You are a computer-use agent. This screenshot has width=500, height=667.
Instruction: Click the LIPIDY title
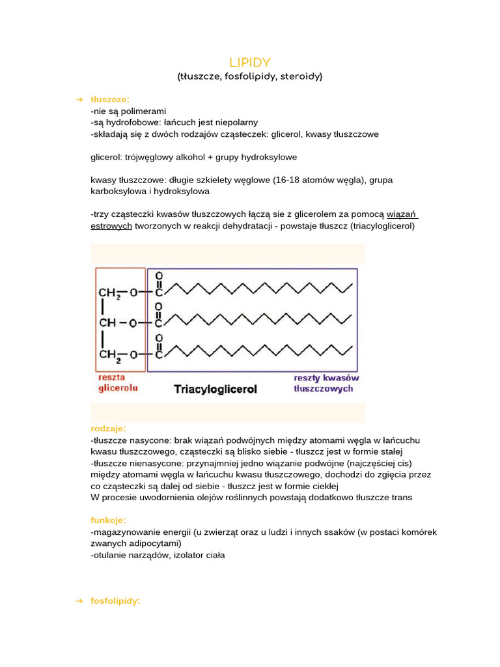(250, 62)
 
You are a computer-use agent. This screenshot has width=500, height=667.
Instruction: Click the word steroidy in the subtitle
(299, 76)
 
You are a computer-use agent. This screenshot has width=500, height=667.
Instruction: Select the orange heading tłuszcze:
(110, 99)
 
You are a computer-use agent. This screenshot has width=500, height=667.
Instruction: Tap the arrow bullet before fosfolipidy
(79, 601)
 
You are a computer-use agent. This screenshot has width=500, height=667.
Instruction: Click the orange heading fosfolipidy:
(115, 601)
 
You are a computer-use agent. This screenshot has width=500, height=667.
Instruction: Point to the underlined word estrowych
(111, 225)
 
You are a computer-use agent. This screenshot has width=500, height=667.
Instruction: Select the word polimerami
(144, 111)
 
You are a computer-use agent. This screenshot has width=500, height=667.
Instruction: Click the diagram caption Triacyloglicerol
(215, 390)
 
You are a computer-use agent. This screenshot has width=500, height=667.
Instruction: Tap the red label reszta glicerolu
(118, 383)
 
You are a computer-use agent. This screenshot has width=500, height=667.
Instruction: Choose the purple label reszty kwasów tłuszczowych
(326, 383)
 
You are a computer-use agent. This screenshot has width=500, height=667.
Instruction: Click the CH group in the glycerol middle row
(107, 323)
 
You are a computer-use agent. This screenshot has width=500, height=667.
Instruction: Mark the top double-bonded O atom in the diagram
(158, 276)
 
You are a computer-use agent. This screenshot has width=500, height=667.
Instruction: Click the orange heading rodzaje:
(108, 429)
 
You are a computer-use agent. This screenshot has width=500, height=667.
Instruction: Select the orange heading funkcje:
(108, 520)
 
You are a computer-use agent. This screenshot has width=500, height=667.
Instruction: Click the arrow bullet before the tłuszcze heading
(79, 99)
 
